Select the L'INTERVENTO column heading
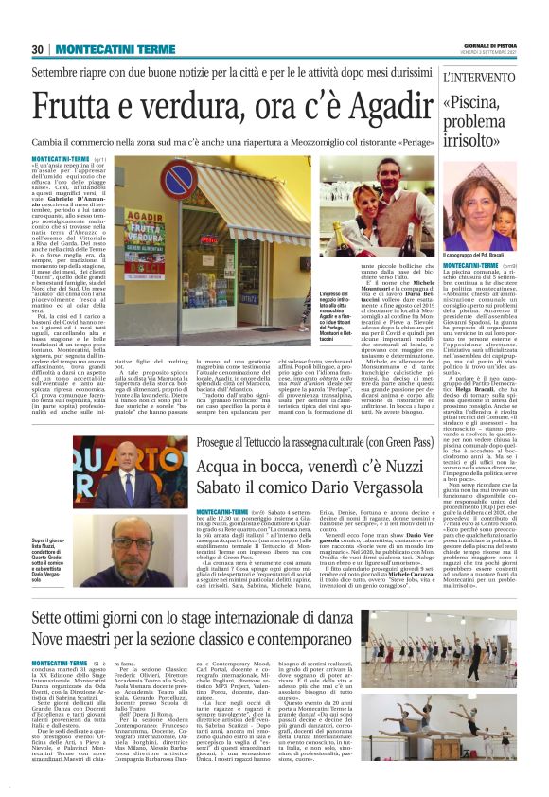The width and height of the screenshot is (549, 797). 475,76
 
